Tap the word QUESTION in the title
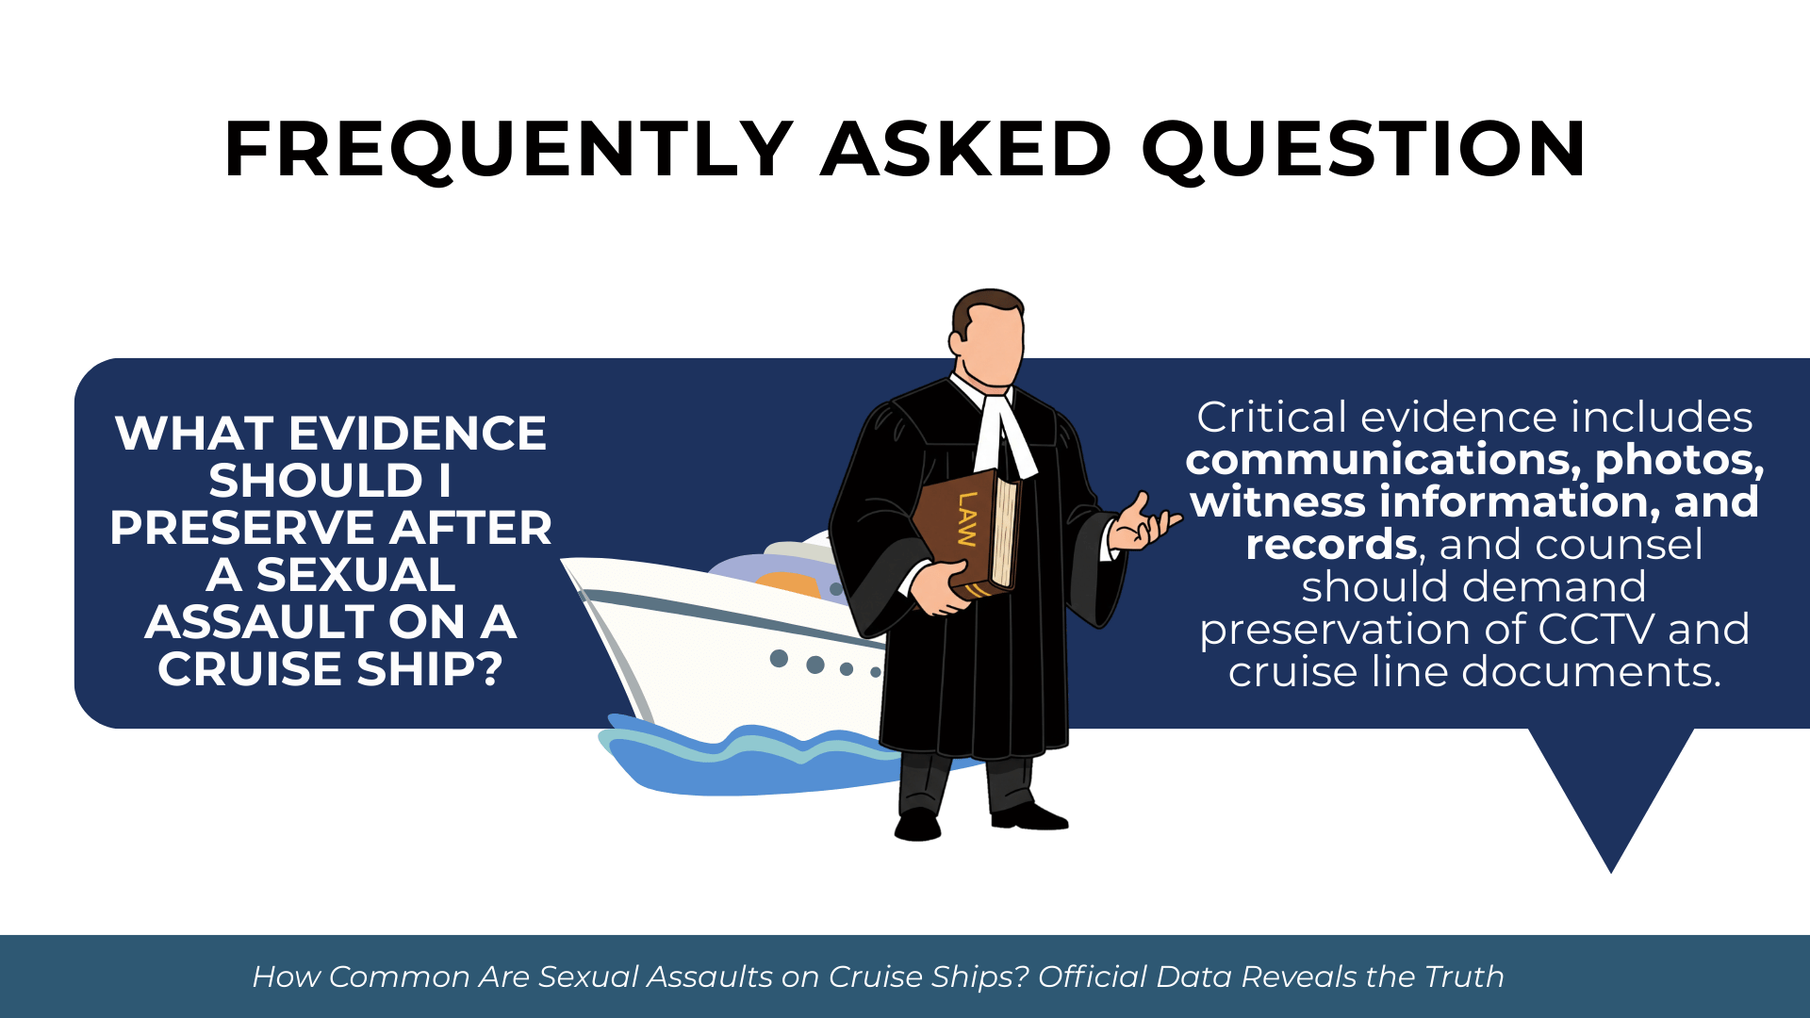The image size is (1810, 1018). point(1364,149)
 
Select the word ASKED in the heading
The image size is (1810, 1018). point(967,149)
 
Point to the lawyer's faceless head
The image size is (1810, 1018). point(987,337)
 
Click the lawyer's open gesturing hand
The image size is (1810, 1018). point(1142,525)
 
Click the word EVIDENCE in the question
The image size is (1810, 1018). point(417,434)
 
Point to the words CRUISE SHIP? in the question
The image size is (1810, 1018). point(330,669)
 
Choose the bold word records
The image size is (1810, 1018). point(1331,545)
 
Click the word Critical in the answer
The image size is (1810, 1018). point(1273,417)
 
